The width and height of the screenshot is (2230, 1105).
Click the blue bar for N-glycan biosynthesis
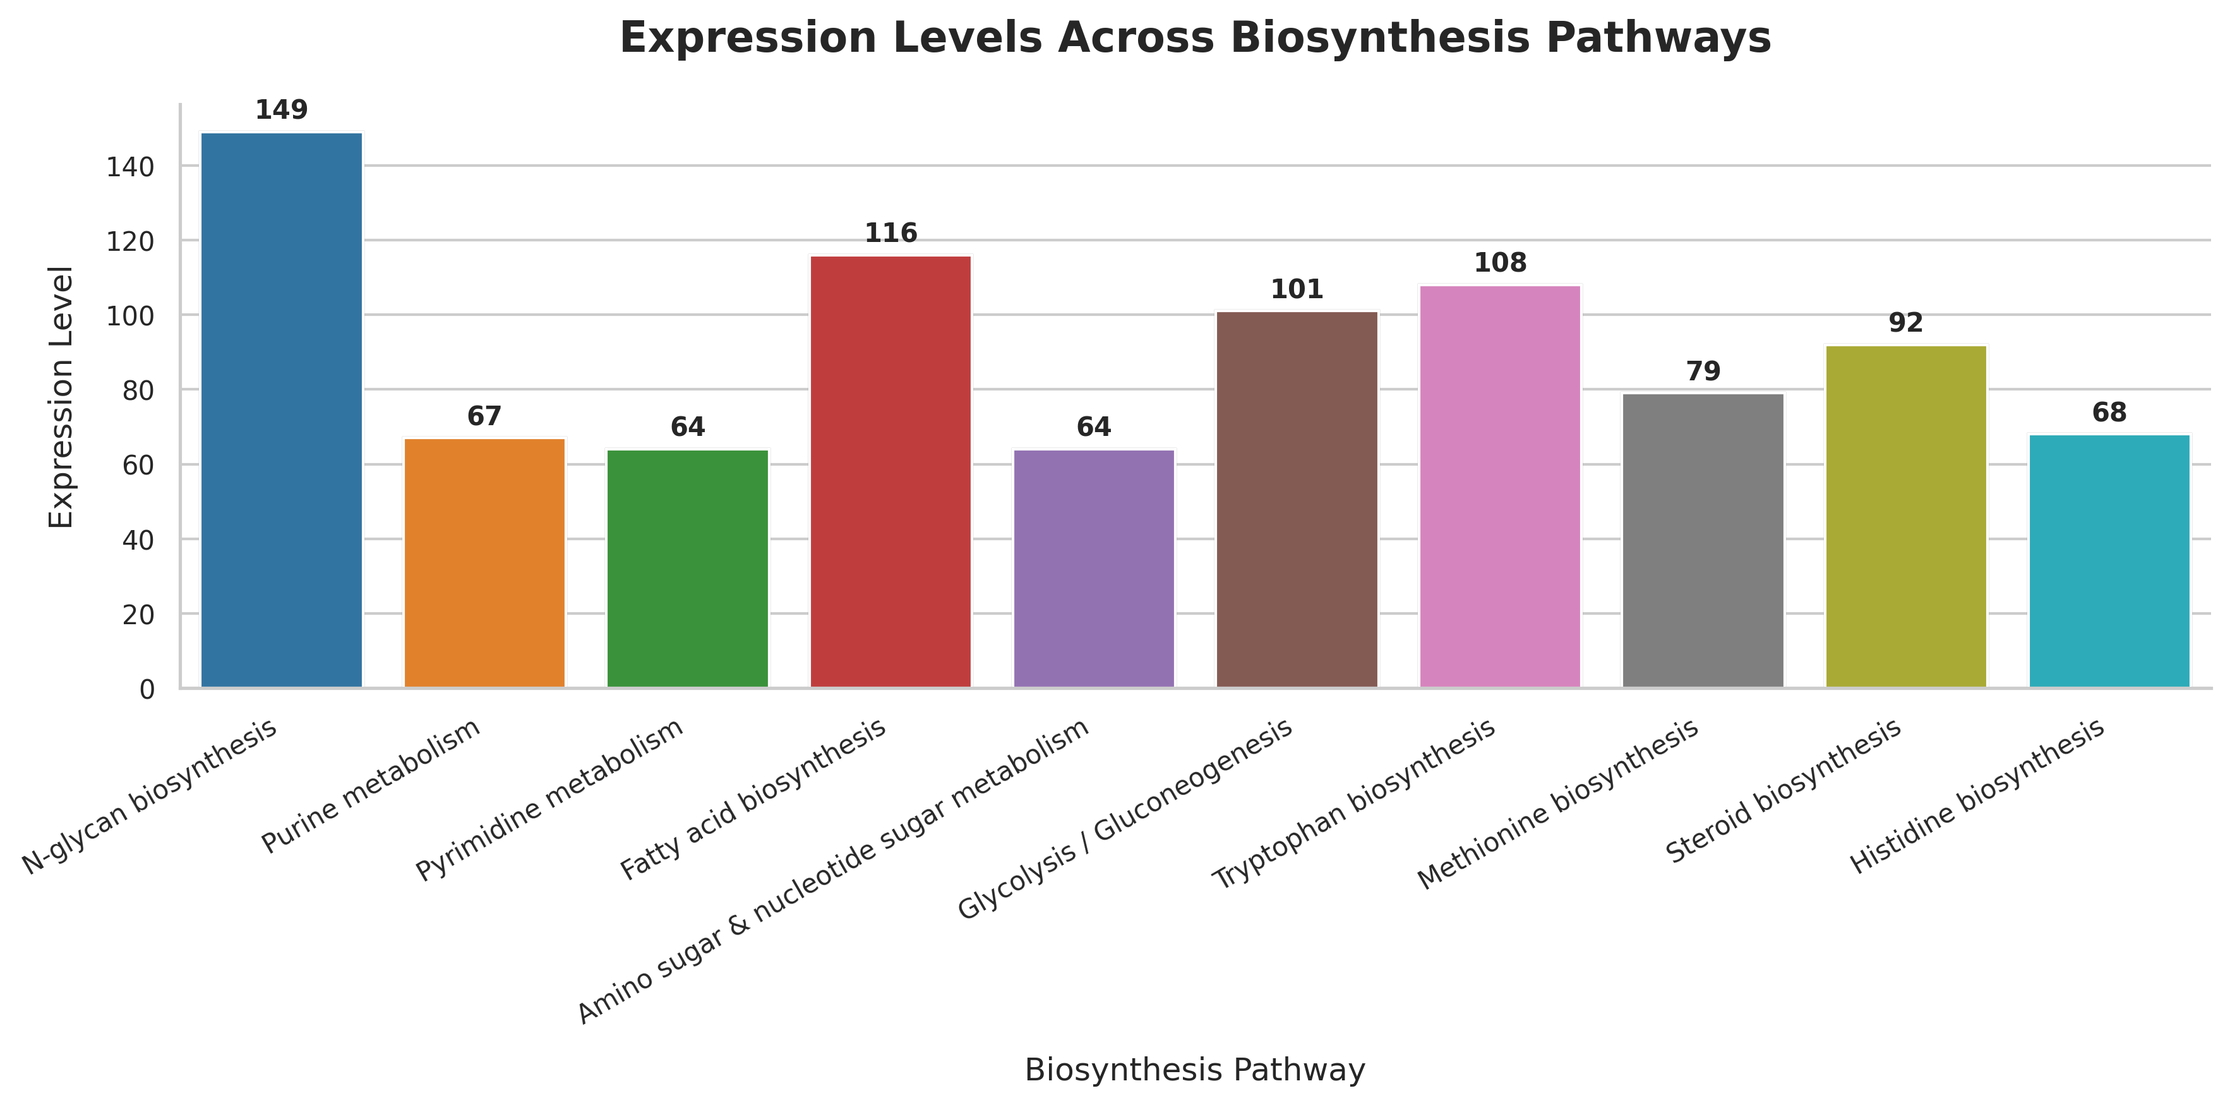(281, 411)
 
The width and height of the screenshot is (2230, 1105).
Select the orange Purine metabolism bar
(485, 563)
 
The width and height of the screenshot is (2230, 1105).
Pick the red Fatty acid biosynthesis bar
(890, 472)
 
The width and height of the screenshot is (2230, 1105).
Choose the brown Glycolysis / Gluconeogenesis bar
(1297, 500)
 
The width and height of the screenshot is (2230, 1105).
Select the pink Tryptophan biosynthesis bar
(1500, 486)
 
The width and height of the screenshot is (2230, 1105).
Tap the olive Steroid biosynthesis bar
(1906, 516)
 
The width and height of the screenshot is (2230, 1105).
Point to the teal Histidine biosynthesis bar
(2109, 561)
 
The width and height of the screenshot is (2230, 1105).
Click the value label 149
(281, 110)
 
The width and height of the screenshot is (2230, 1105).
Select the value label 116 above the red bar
(890, 233)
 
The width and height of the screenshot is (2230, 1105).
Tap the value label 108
(1500, 262)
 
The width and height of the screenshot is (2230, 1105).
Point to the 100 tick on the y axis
(130, 316)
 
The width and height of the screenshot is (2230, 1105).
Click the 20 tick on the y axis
(138, 615)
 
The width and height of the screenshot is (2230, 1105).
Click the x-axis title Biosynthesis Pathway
(1195, 1070)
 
